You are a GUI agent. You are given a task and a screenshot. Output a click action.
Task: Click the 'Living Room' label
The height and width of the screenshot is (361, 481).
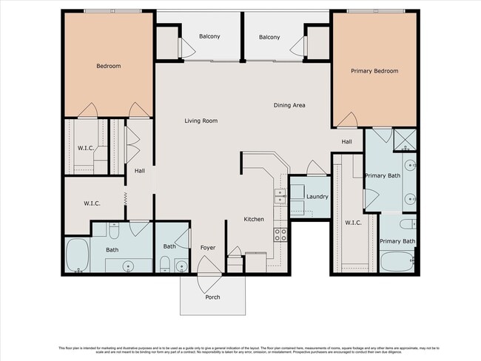pos(201,121)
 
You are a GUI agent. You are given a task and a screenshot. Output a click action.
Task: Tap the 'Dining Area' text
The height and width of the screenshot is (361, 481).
pos(289,105)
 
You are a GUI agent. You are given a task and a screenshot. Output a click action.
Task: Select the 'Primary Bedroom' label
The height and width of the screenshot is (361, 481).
pos(374,71)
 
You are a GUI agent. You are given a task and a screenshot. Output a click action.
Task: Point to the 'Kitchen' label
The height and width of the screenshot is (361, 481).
pos(255,219)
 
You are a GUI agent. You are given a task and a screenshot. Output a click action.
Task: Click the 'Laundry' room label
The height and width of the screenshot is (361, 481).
pos(317,196)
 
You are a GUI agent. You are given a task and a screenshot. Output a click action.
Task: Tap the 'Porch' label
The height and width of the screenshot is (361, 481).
pos(212,297)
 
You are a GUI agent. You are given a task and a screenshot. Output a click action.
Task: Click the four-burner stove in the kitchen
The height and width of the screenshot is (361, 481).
pos(281,235)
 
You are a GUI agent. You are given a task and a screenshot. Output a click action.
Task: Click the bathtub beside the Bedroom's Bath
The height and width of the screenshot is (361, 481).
pos(77,256)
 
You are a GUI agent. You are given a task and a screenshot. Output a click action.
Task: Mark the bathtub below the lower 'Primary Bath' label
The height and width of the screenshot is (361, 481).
pos(397,261)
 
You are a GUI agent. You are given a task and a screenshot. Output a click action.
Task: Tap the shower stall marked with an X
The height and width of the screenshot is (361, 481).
pos(406,139)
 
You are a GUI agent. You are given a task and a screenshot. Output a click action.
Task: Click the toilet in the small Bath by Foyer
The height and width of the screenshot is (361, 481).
pos(165,263)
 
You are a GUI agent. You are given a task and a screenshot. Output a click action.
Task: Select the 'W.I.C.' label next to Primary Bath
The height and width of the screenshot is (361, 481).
pos(351,223)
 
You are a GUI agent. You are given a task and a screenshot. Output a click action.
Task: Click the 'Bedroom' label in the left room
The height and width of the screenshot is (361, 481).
pos(108,66)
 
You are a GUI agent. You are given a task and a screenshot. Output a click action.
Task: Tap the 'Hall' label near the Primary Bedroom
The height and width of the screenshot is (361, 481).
pos(346,141)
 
